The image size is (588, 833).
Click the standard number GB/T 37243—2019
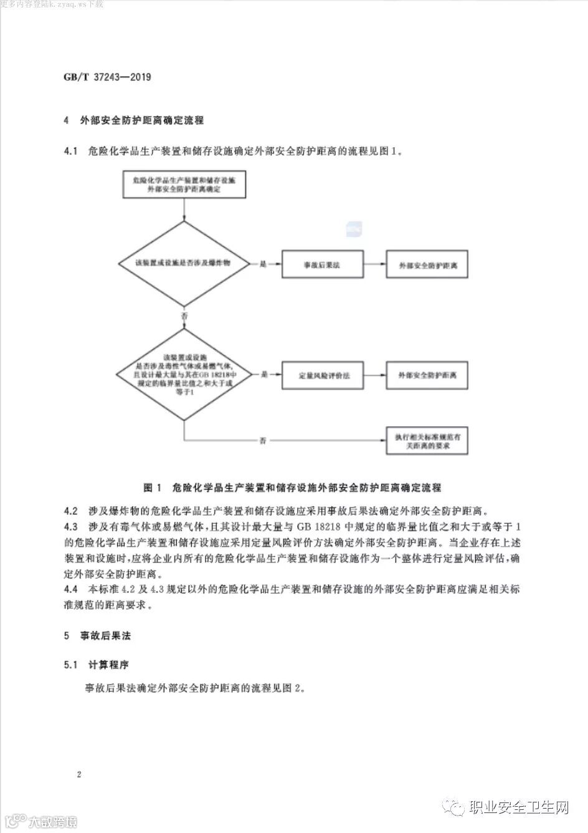[107, 78]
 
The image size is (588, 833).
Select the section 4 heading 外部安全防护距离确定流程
[142, 120]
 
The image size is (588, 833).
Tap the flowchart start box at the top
[184, 183]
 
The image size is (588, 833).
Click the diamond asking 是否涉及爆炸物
[184, 264]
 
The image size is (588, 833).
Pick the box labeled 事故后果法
[322, 265]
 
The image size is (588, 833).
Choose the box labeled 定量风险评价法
[322, 376]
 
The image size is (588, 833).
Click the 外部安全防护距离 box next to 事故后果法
[427, 265]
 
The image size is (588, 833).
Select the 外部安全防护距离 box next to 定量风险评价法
[427, 376]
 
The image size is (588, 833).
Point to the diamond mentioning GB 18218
[184, 375]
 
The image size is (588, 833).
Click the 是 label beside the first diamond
[263, 264]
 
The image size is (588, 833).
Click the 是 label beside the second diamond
[263, 375]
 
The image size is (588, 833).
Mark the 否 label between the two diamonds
[184, 317]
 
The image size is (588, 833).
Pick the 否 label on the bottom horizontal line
[263, 441]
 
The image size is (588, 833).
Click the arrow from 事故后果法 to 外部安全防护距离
[374, 265]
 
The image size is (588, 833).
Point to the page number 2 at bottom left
[79, 775]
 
